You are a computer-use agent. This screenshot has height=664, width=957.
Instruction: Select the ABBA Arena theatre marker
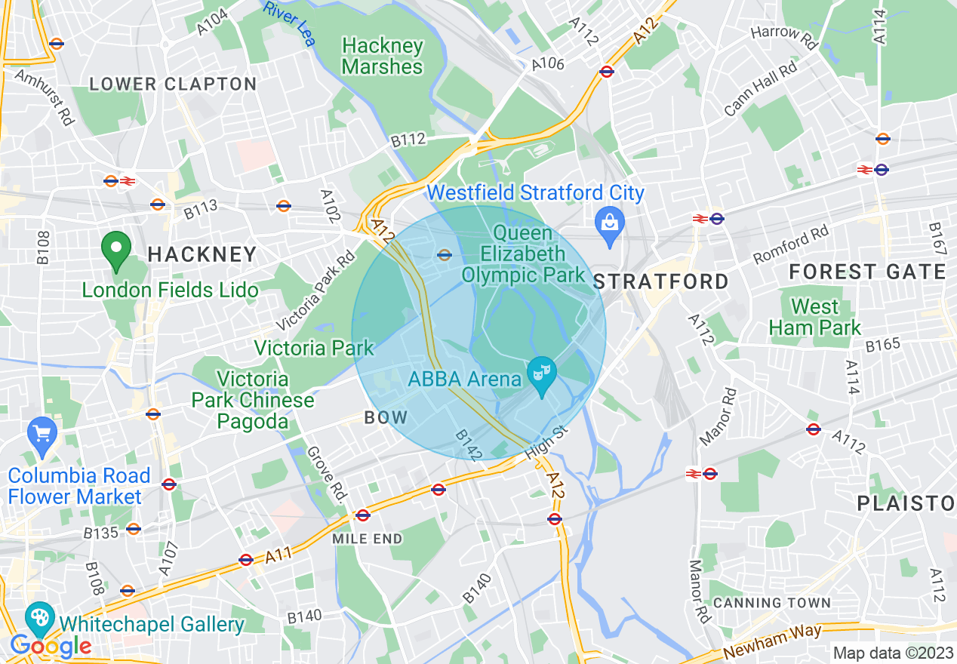coord(541,375)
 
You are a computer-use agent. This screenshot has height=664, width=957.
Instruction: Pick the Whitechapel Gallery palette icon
coord(38,619)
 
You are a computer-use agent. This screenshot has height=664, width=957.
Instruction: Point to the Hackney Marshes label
coord(382,57)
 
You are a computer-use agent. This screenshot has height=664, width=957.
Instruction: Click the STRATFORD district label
coord(660,282)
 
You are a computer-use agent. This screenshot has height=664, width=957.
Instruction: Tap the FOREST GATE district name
coord(867,272)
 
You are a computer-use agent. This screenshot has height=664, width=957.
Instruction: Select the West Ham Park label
coord(814,317)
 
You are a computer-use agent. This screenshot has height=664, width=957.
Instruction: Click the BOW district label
coord(386,417)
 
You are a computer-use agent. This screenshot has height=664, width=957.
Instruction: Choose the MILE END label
coord(368,539)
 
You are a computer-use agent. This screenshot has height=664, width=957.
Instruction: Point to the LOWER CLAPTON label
coord(173,84)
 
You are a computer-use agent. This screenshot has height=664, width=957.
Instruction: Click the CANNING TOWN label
coord(771,603)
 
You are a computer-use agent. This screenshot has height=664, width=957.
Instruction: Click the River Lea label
coord(289,23)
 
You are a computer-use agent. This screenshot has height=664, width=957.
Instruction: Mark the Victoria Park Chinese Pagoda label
coord(253,400)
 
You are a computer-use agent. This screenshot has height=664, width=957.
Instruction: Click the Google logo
coord(51,646)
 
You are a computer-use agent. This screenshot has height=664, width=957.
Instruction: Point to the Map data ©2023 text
coord(893,653)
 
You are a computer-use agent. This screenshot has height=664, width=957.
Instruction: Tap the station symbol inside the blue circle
coord(445,254)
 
